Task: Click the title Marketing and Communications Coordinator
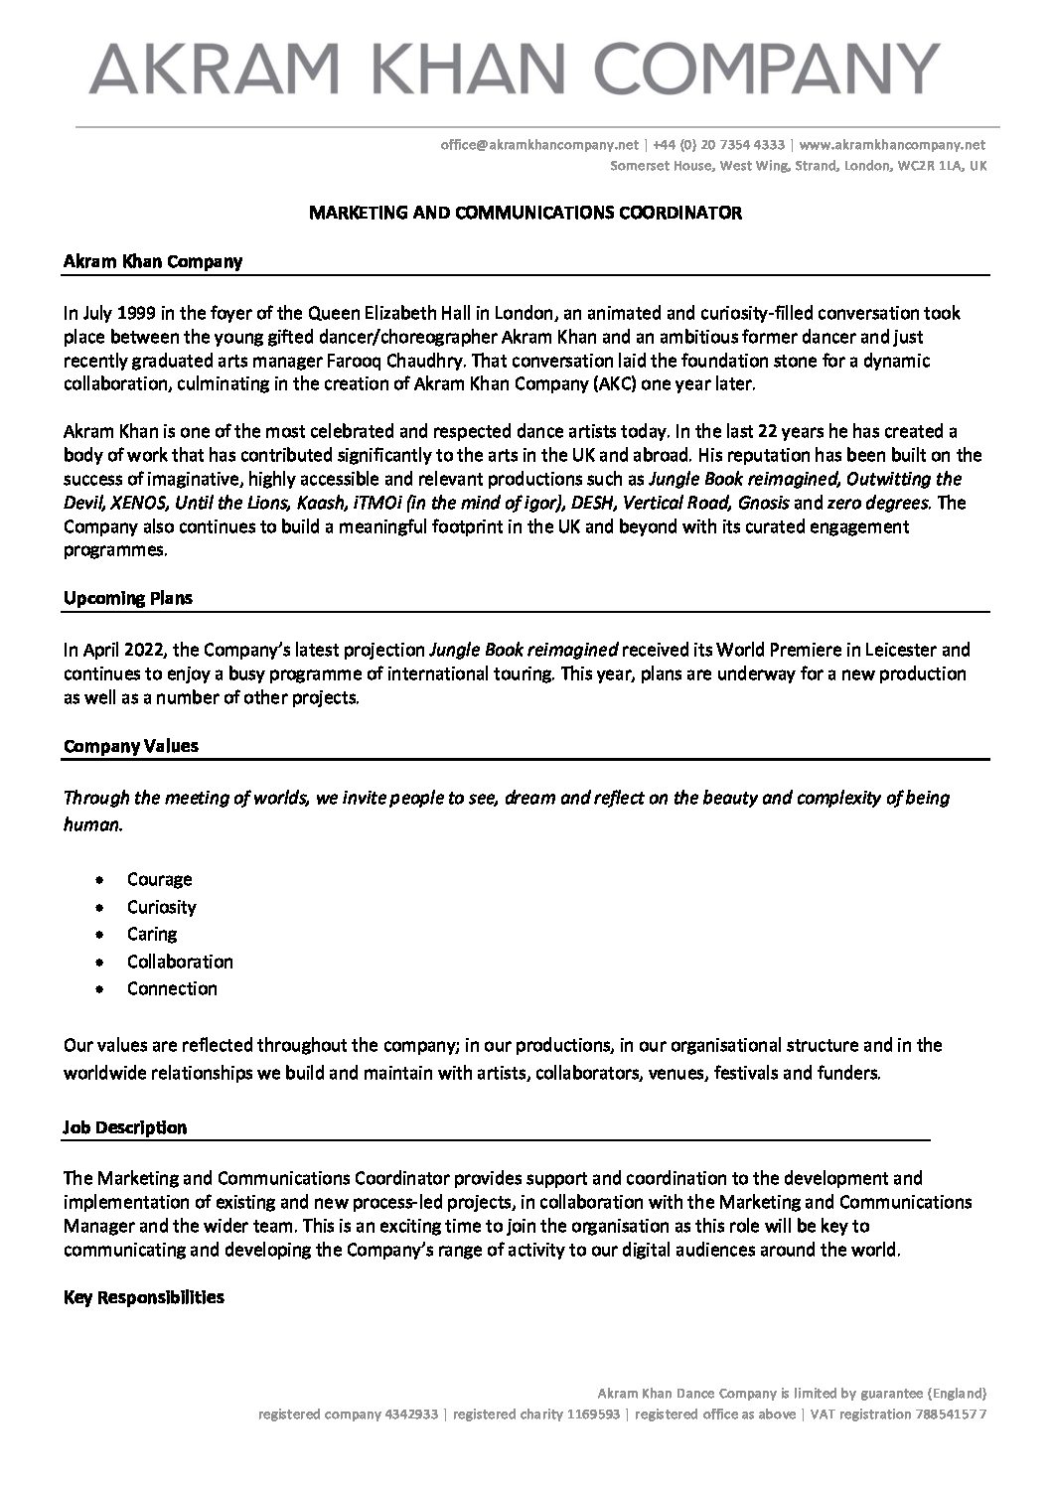pyautogui.click(x=525, y=213)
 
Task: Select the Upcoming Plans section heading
pyautogui.click(x=128, y=599)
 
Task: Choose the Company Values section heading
pyautogui.click(x=131, y=746)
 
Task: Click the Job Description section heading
pyautogui.click(x=125, y=1127)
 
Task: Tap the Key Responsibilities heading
pyautogui.click(x=144, y=1297)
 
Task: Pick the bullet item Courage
pyautogui.click(x=159, y=879)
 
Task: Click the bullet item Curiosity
pyautogui.click(x=161, y=907)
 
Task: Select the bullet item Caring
pyautogui.click(x=152, y=934)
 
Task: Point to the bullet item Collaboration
pyautogui.click(x=180, y=962)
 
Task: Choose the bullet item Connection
pyautogui.click(x=172, y=988)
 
